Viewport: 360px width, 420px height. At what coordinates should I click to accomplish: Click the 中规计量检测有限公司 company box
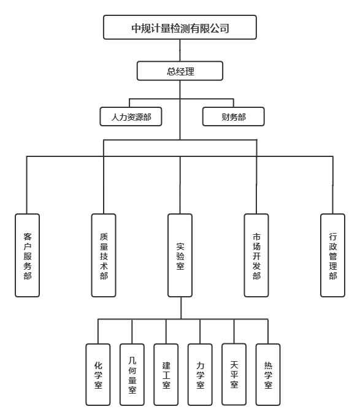pyautogui.click(x=180, y=27)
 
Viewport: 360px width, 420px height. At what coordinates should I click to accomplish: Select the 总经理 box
pyautogui.click(x=180, y=71)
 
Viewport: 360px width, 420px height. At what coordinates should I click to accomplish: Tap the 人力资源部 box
pyautogui.click(x=131, y=116)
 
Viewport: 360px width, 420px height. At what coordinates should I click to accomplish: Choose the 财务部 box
pyautogui.click(x=233, y=116)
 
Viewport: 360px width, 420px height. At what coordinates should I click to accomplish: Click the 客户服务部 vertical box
pyautogui.click(x=27, y=255)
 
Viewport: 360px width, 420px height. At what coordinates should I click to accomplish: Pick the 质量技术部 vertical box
pyautogui.click(x=104, y=255)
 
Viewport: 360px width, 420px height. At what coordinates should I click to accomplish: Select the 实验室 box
pyautogui.click(x=180, y=255)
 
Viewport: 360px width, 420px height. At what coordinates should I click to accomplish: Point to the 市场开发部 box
pyautogui.click(x=256, y=255)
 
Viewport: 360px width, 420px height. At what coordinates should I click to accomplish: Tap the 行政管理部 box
pyautogui.click(x=332, y=255)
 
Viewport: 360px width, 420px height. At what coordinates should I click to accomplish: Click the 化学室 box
pyautogui.click(x=98, y=375)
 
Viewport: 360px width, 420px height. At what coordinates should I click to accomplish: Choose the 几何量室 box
pyautogui.click(x=132, y=375)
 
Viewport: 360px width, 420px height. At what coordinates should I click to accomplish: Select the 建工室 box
pyautogui.click(x=166, y=375)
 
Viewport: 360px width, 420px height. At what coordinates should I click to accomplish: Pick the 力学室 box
pyautogui.click(x=200, y=375)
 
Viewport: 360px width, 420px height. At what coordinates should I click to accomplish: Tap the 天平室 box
pyautogui.click(x=234, y=374)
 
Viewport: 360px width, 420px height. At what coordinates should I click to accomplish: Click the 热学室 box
pyautogui.click(x=268, y=375)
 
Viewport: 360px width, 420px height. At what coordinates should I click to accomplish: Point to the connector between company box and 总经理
pyautogui.click(x=180, y=50)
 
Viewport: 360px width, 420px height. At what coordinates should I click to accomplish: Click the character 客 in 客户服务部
pyautogui.click(x=28, y=237)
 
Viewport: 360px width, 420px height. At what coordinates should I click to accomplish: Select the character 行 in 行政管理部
pyautogui.click(x=333, y=237)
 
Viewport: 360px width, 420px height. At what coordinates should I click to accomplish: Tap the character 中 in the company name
pyautogui.click(x=136, y=28)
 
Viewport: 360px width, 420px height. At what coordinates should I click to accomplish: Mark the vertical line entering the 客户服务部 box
pyautogui.click(x=27, y=185)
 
